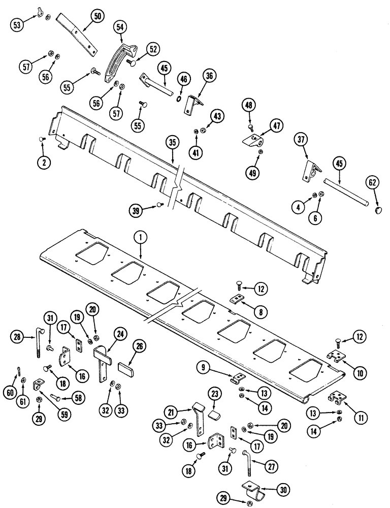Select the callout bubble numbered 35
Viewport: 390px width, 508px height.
(173, 143)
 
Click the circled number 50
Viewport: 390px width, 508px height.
(96, 17)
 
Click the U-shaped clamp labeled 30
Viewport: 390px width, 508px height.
(250, 489)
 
